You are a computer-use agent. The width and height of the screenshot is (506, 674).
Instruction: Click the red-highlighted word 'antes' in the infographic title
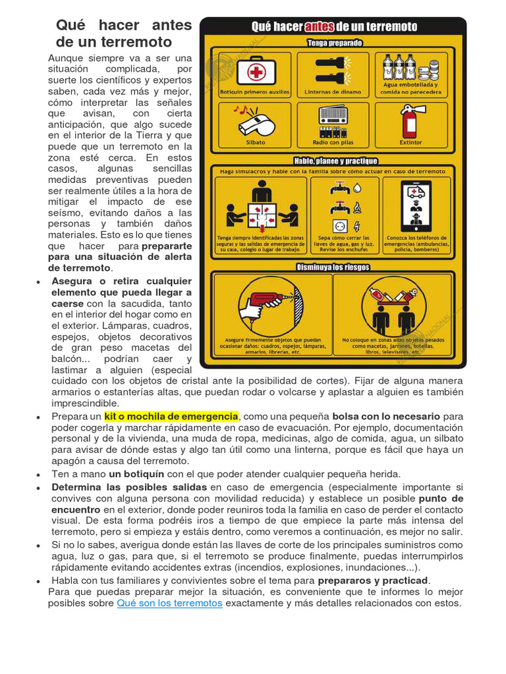320,27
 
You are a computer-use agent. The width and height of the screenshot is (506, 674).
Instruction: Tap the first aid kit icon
254,70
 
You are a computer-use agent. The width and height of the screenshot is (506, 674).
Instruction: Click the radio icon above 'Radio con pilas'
333,118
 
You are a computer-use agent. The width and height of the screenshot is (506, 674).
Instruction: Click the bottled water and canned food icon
410,66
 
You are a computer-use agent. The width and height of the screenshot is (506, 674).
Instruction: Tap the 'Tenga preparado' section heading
334,43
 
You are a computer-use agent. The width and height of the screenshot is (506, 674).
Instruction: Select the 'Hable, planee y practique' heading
335,161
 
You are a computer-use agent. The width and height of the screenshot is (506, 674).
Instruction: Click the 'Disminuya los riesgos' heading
333,267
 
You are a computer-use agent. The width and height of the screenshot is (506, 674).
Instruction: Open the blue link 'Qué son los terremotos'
169,603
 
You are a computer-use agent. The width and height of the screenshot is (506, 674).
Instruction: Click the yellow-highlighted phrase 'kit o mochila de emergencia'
171,417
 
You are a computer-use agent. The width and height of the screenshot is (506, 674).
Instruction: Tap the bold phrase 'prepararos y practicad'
373,580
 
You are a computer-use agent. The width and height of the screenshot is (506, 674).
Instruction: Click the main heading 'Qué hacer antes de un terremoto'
124,34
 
